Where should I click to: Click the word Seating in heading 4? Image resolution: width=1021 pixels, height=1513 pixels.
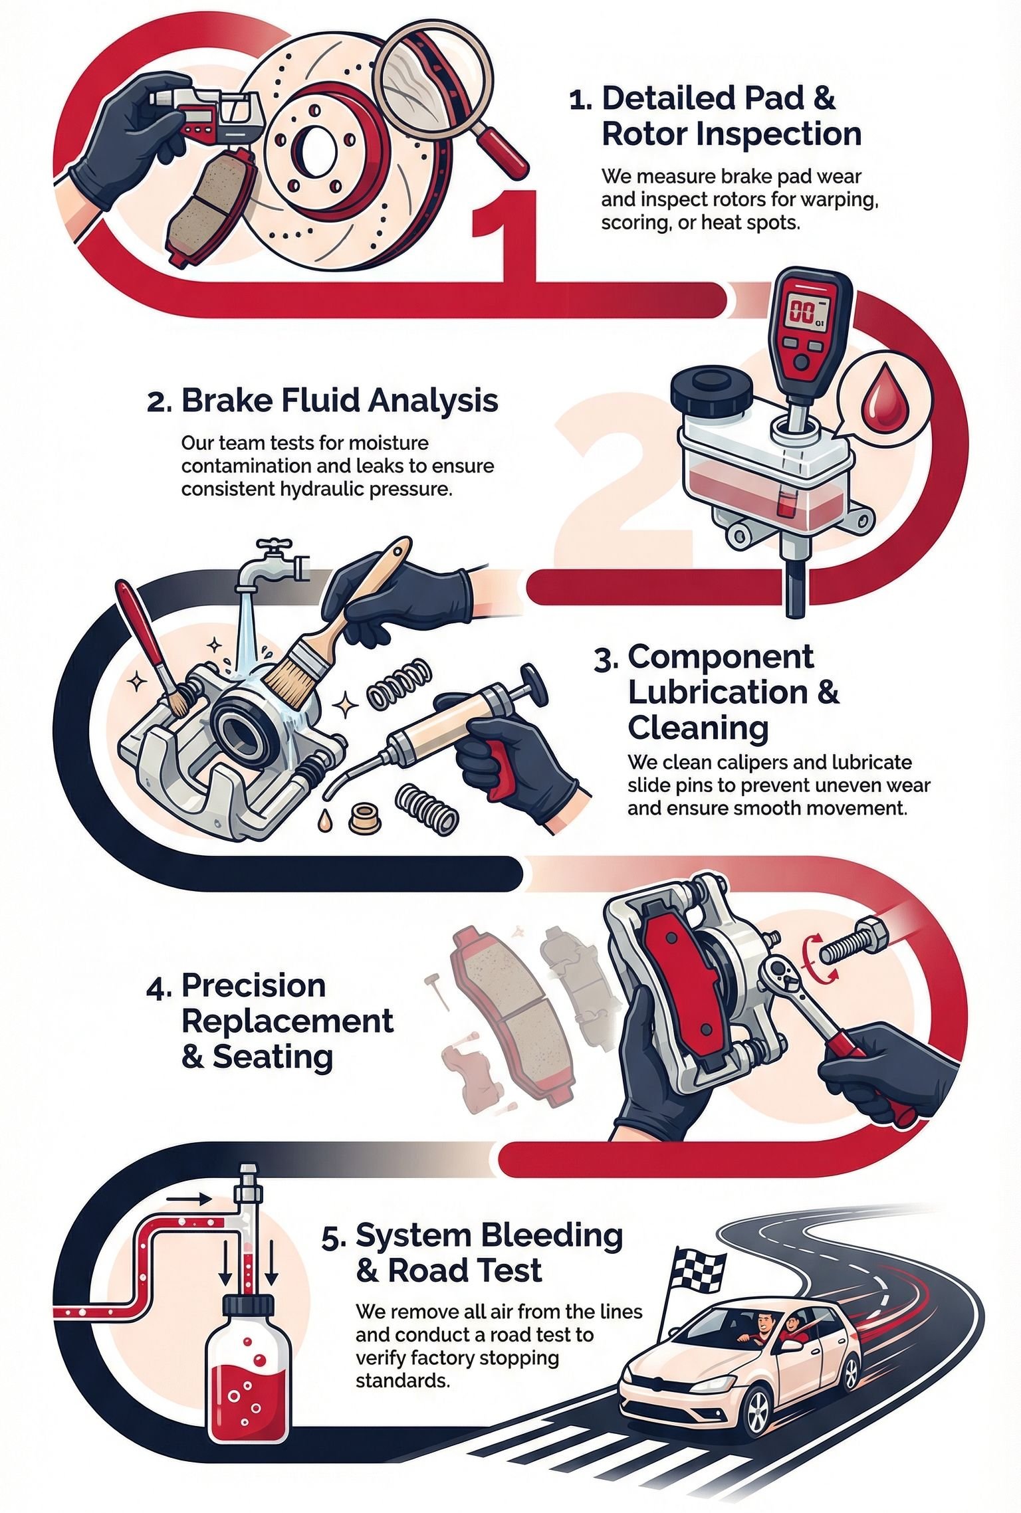(273, 1057)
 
